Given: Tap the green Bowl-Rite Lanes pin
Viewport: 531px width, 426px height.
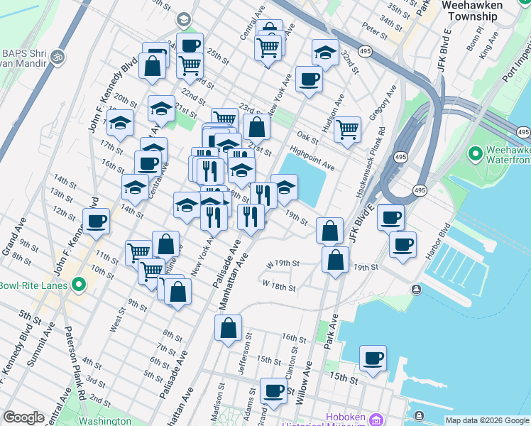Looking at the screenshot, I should pos(79,285).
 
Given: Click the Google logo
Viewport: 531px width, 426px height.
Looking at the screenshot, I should pos(23,417).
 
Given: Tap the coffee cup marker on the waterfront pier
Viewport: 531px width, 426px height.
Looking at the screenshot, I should pos(373,359).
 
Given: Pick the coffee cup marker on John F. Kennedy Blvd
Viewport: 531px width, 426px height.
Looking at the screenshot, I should pos(96,221).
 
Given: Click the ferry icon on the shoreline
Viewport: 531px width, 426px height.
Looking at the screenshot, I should pos(417,289).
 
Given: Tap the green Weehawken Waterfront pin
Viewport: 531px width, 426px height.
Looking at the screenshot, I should pos(475,153).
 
